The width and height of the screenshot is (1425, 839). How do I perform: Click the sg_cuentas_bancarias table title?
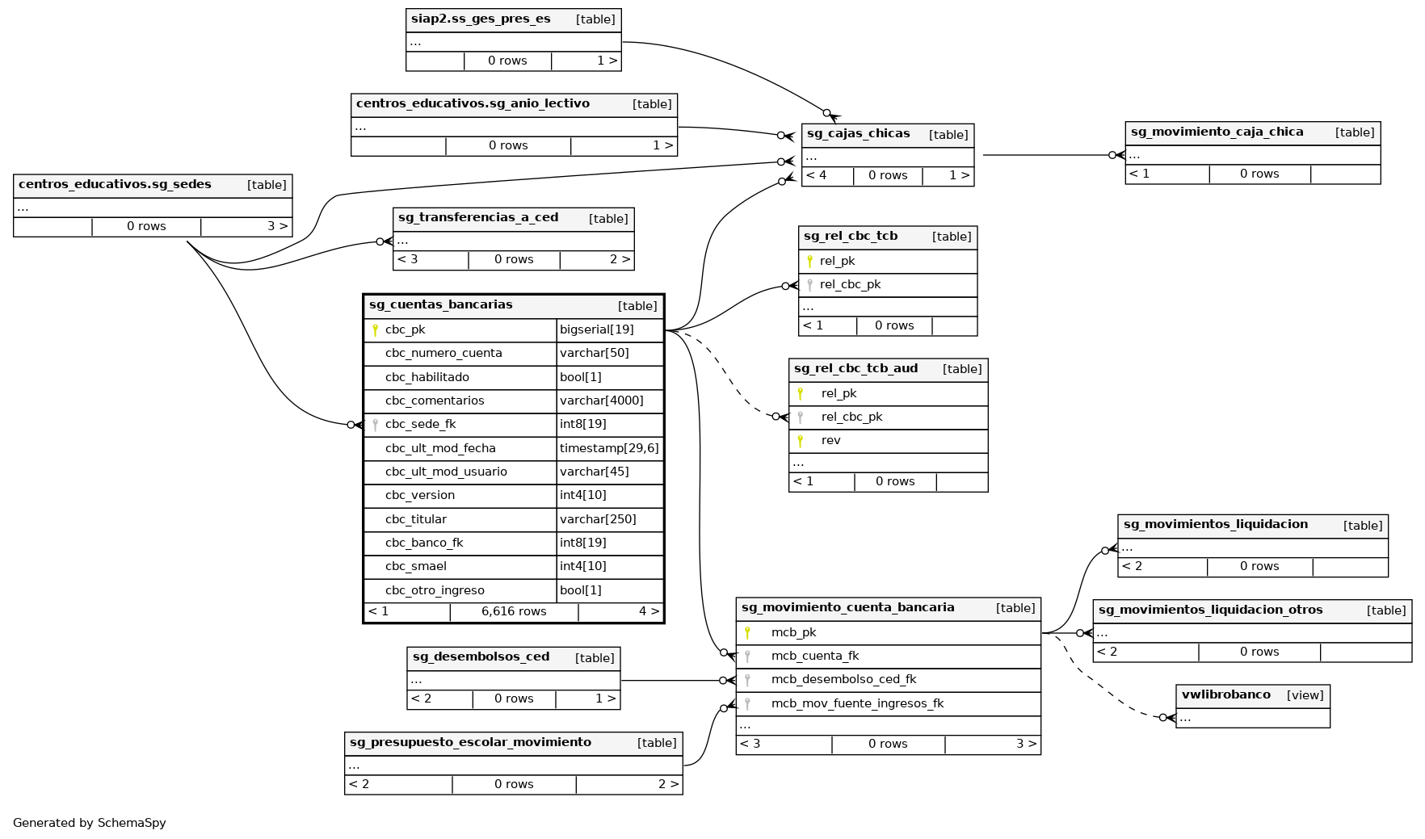point(441,305)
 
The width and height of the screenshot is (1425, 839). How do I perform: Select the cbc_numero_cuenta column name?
point(443,353)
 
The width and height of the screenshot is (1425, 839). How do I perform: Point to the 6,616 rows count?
point(514,611)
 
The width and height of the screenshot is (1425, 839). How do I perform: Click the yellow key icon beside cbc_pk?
point(375,329)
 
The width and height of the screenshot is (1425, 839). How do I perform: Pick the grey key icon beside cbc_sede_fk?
point(375,425)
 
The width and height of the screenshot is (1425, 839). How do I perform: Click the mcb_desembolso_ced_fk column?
point(843,679)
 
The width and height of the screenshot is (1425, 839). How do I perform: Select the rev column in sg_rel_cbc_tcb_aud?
point(830,440)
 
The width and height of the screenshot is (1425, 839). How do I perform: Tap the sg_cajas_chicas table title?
point(858,134)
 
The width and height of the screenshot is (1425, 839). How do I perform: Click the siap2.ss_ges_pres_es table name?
point(481,19)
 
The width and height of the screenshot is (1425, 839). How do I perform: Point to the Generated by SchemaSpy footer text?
point(90,823)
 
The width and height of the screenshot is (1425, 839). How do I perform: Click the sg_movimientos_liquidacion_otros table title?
point(1210,610)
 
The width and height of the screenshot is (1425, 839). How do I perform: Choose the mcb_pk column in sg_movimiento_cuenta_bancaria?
point(793,632)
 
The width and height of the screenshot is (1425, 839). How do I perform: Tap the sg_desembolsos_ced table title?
point(481,657)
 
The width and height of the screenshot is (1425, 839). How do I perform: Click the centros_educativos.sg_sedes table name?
point(115,184)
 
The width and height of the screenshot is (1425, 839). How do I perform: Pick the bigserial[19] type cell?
point(596,329)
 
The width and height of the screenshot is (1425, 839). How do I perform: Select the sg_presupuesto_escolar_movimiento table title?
point(470,742)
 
